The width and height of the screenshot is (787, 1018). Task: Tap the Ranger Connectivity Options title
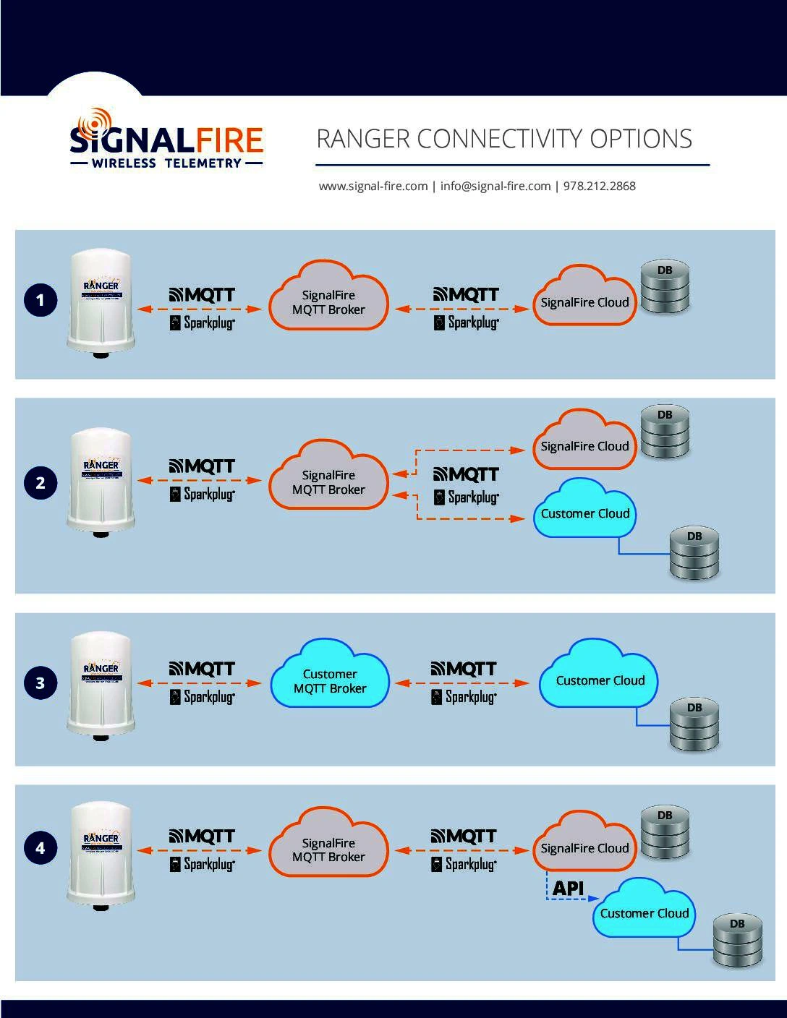504,139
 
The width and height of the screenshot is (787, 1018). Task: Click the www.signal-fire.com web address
373,186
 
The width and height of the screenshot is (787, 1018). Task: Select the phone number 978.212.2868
600,186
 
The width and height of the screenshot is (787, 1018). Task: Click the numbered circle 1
41,300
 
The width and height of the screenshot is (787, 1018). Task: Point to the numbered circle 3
41,683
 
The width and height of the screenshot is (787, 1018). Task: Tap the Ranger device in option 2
101,480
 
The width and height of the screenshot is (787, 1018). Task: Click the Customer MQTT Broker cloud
330,681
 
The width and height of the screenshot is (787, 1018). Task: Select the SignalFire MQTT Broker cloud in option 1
328,301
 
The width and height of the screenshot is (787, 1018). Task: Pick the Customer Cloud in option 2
585,513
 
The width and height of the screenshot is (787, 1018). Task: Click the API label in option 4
568,888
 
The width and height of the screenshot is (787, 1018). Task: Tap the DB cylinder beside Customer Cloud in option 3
694,725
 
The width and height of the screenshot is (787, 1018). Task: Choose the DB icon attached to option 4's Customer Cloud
737,940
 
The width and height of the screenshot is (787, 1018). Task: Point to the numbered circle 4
41,847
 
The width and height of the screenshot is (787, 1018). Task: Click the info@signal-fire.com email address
495,186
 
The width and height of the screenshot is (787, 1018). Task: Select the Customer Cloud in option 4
644,912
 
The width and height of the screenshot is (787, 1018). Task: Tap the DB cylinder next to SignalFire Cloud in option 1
665,288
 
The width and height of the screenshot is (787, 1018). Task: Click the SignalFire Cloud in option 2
584,444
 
